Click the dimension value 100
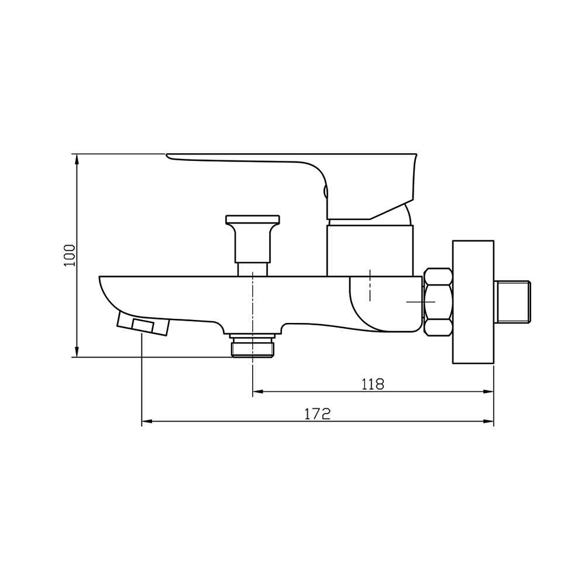pyautogui.click(x=70, y=255)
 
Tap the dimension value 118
pyautogui.click(x=373, y=384)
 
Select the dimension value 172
pyautogui.click(x=318, y=414)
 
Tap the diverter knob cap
pyautogui.click(x=253, y=221)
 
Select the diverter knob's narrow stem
pyautogui.click(x=253, y=269)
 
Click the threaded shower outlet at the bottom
pyautogui.click(x=253, y=346)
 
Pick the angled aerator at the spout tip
pyautogui.click(x=143, y=324)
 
